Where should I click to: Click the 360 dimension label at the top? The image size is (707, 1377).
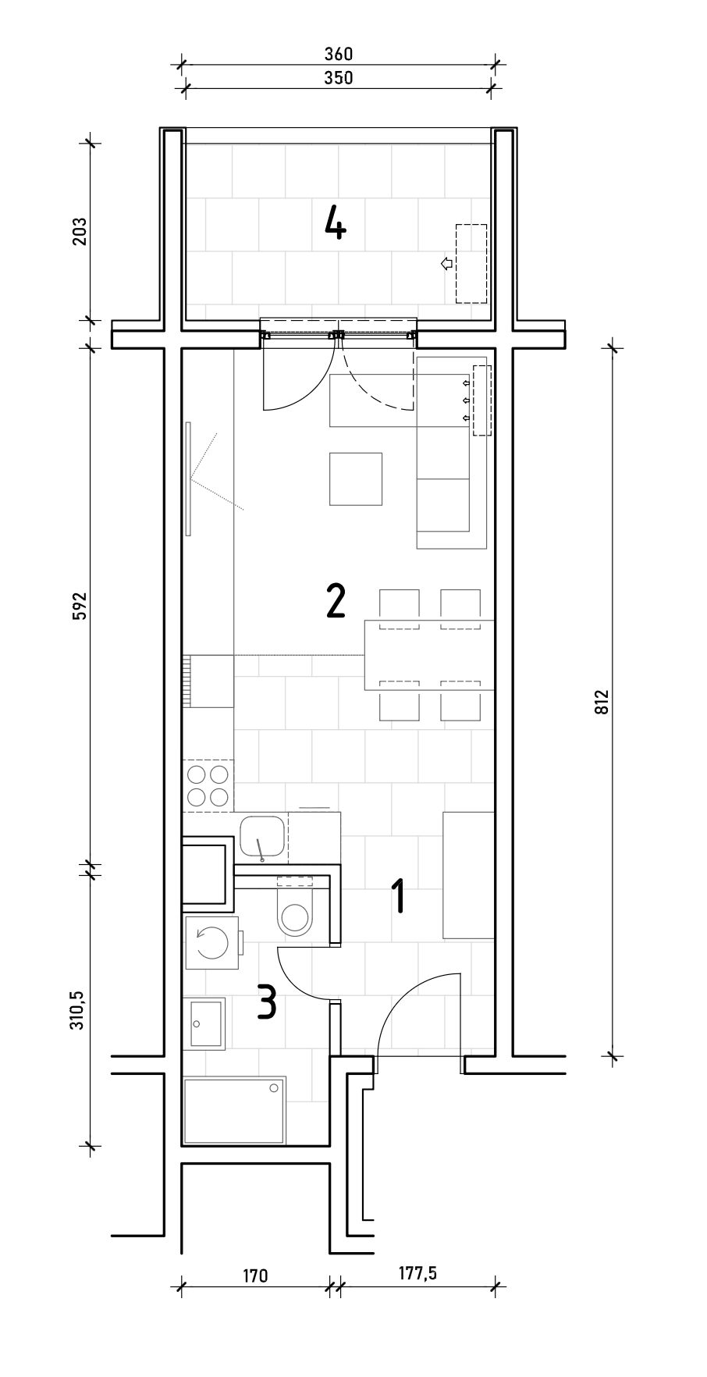point(339,55)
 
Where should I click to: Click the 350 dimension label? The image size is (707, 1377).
point(339,77)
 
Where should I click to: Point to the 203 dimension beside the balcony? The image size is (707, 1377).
point(80,232)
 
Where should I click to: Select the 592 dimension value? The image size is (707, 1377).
point(80,607)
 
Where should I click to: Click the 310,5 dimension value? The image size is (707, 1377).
point(80,1007)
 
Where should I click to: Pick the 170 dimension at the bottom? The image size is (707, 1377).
point(255,1276)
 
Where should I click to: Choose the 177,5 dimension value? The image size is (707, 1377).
point(418,1273)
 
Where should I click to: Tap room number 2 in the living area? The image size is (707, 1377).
point(336,601)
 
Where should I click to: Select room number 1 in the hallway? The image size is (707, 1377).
point(399,895)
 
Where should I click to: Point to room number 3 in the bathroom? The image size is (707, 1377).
point(267,1002)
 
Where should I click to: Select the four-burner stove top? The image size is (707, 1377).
point(208,786)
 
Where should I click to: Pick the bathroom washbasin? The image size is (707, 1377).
point(206,1023)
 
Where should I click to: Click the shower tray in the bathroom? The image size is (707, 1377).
point(234,1110)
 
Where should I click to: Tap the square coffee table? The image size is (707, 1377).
point(356,479)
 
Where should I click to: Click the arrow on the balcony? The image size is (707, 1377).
point(446,264)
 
